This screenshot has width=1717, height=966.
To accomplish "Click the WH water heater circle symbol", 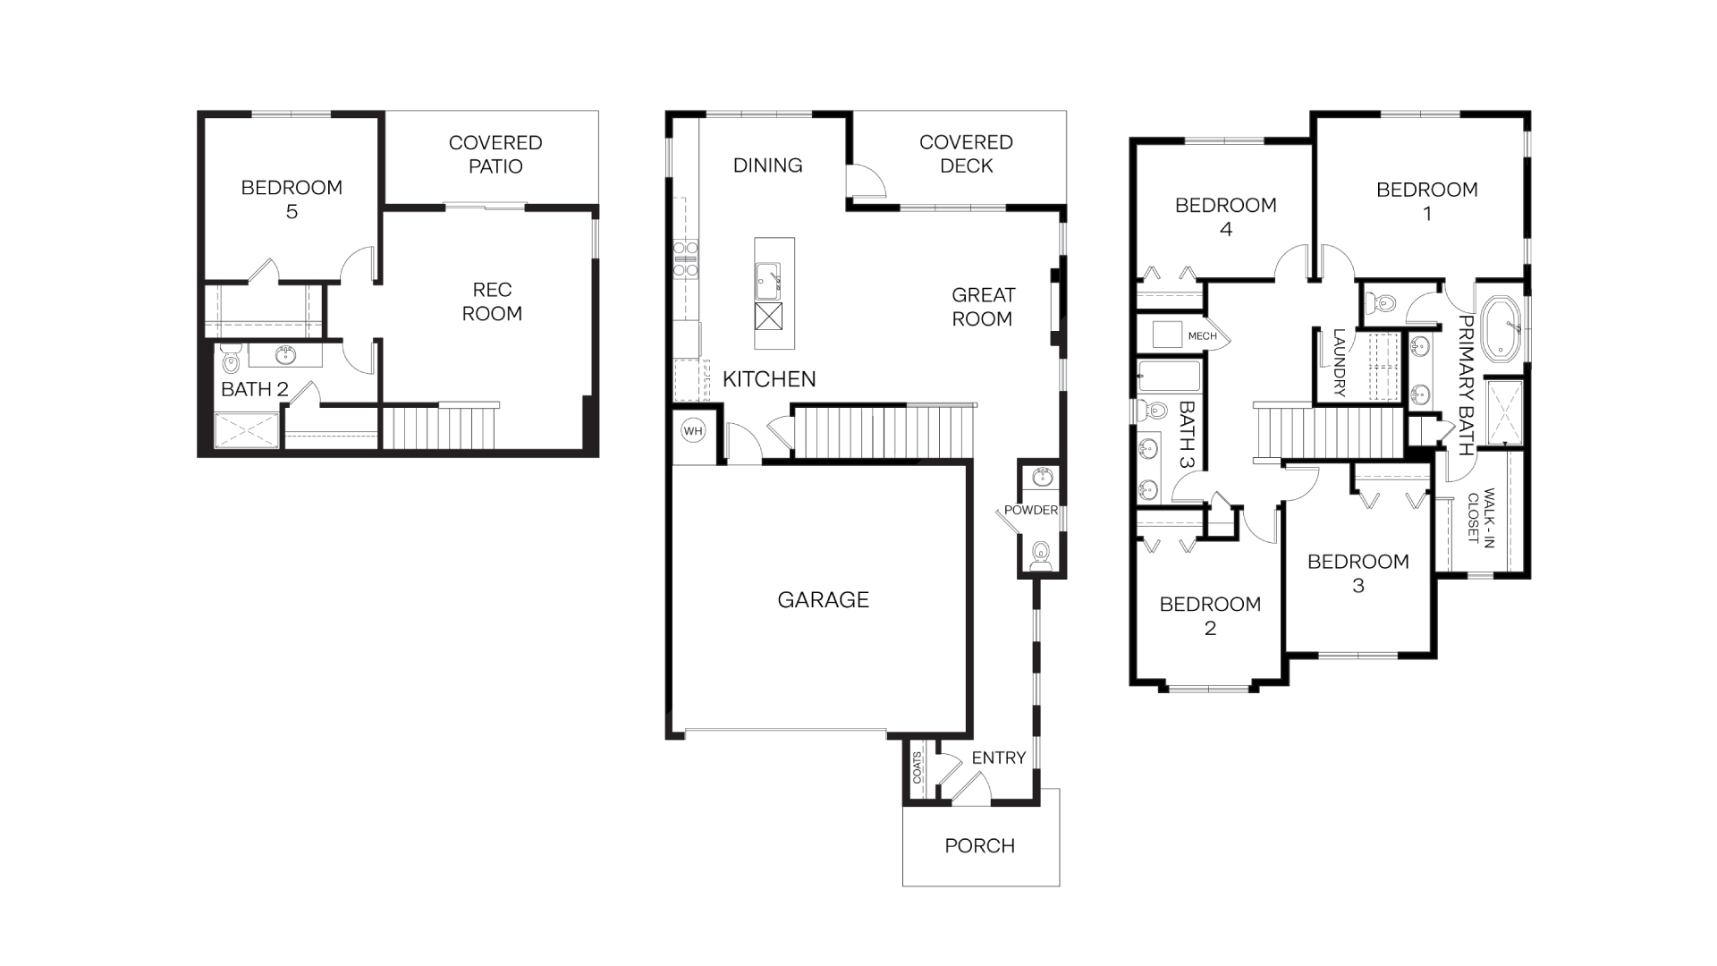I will click(693, 431).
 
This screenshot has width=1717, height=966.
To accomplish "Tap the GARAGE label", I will click(823, 600).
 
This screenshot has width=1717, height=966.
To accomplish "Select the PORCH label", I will click(979, 846).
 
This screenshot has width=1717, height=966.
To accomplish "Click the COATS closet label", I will click(918, 767).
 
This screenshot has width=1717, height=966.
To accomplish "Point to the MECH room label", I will click(1202, 336).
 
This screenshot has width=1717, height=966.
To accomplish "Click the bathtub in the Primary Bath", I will click(1501, 330).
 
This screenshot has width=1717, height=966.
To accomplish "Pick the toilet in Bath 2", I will click(231, 362).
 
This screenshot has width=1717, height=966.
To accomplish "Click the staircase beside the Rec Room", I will click(437, 427).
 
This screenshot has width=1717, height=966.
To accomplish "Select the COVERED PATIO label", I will click(495, 155).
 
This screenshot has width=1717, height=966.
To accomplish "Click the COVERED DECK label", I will click(966, 154).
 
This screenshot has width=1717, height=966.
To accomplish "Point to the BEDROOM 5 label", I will click(292, 199).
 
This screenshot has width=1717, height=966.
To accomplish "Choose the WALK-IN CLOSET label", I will click(1481, 515).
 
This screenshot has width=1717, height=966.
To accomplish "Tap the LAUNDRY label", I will click(1339, 362).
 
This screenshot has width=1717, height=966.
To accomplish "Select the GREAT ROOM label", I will click(983, 307).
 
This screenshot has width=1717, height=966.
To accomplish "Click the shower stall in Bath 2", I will click(247, 430).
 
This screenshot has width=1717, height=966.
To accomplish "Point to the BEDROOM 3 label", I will click(1358, 573).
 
